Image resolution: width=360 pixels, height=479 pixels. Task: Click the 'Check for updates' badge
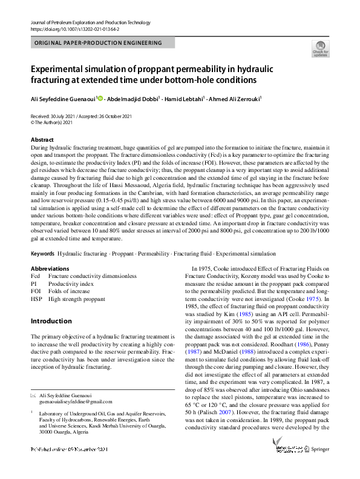[x=320, y=48]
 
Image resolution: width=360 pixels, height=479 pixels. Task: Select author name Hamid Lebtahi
[x=186, y=98]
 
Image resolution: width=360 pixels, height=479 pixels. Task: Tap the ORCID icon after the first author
[x=100, y=97]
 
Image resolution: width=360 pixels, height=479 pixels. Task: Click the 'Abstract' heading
[x=42, y=139]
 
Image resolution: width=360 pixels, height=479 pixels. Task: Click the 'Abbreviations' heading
[x=50, y=268]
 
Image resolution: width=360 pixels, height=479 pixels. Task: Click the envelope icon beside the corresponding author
[x=33, y=395]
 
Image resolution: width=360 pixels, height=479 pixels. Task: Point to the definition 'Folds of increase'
[x=70, y=291]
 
